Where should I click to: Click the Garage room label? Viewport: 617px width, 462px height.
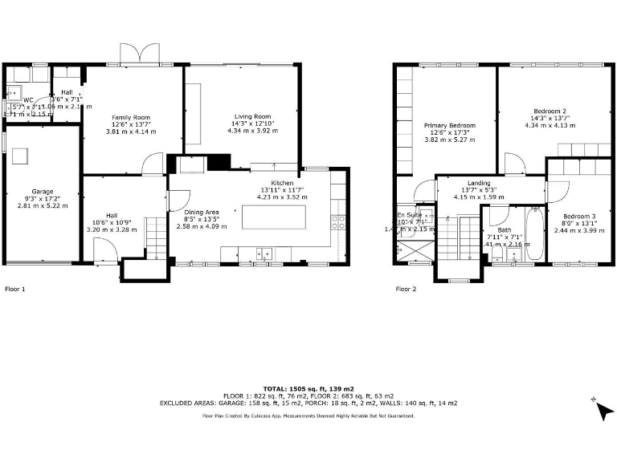tap(43, 192)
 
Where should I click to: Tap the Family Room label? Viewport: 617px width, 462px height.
tap(130, 118)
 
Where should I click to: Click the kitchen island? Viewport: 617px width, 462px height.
tap(273, 217)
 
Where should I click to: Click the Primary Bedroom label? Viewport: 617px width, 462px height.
tap(450, 125)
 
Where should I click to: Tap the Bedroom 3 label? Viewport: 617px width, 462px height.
tap(578, 217)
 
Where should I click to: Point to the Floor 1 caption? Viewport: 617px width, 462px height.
tap(16, 288)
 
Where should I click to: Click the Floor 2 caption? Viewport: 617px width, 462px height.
tap(407, 288)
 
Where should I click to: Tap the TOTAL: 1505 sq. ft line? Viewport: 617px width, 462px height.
tap(308, 388)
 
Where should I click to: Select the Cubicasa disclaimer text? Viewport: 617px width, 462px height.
tap(308, 415)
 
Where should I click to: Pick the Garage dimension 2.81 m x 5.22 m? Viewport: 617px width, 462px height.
tap(43, 206)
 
